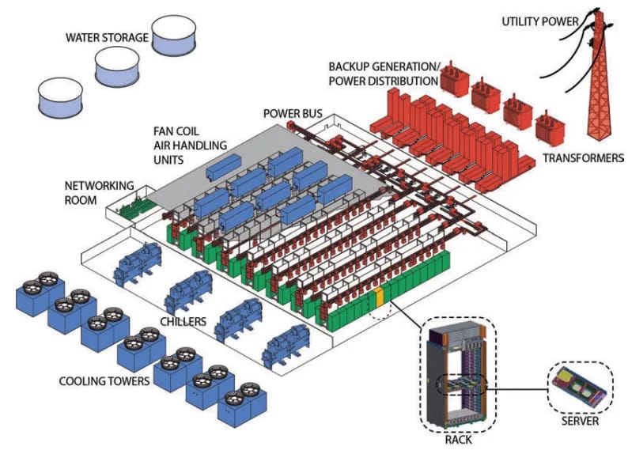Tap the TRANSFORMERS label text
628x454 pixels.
(583, 158)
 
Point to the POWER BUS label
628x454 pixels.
(292, 114)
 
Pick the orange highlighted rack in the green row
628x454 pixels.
(379, 297)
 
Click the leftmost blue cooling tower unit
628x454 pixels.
(33, 295)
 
